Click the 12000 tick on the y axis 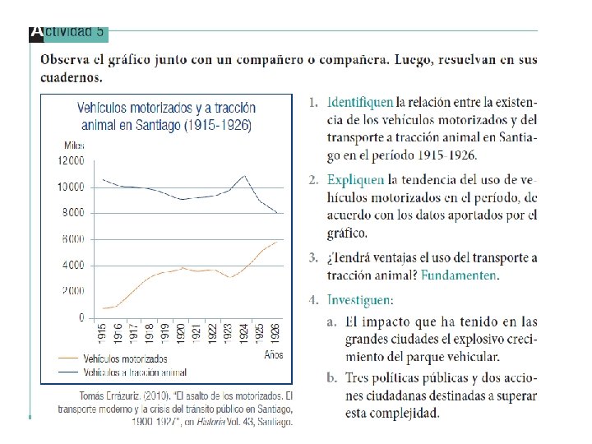click(x=70, y=160)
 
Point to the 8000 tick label click(x=72, y=213)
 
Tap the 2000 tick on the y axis click(x=72, y=291)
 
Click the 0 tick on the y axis click(x=81, y=317)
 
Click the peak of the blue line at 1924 click(x=244, y=175)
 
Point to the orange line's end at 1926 click(x=276, y=242)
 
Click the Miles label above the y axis click(x=73, y=145)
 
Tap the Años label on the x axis click(x=274, y=355)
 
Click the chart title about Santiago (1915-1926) click(x=167, y=117)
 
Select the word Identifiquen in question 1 click(x=360, y=103)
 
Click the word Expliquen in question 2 click(x=356, y=179)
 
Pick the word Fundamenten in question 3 click(x=460, y=275)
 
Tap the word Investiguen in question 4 click(x=359, y=300)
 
